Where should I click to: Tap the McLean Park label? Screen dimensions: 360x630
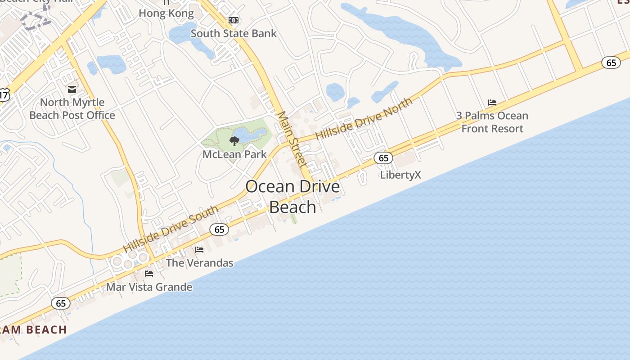click(234, 154)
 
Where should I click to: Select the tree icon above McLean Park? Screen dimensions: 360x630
click(234, 141)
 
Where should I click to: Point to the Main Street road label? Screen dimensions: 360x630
click(292, 139)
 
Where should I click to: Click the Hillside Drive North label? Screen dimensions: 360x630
click(364, 119)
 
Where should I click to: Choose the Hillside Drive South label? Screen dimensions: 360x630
click(171, 229)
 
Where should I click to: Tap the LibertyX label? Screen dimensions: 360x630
click(400, 175)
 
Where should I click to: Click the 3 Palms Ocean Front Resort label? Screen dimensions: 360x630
click(492, 122)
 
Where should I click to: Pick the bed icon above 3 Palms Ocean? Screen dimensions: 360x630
click(492, 103)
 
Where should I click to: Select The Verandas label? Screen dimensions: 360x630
click(200, 263)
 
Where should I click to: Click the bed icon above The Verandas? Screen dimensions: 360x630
click(199, 249)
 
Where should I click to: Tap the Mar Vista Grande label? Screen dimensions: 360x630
click(149, 287)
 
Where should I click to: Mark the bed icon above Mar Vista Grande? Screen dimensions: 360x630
click(149, 273)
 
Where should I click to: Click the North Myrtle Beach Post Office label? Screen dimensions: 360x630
click(72, 108)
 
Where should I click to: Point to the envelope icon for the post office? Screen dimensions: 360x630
click(72, 89)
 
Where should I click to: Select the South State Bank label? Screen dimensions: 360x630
click(234, 33)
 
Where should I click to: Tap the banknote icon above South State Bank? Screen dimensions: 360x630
click(234, 20)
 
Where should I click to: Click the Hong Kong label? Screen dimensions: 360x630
click(166, 13)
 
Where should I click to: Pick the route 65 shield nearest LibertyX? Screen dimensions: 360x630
click(383, 158)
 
